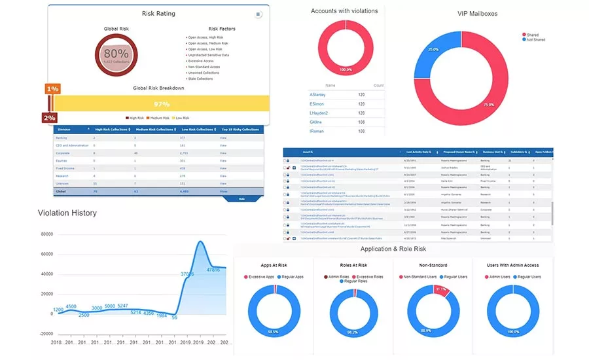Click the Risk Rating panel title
(x=158, y=13)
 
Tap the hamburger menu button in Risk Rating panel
(x=258, y=14)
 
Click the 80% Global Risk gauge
(x=116, y=55)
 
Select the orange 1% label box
(x=53, y=89)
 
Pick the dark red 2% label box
(x=49, y=118)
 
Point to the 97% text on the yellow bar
(x=162, y=104)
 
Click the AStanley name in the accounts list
(x=317, y=94)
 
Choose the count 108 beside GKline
(x=362, y=122)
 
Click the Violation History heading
(x=67, y=213)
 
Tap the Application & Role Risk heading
(x=393, y=249)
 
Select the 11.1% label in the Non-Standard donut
(x=441, y=289)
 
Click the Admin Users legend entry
(x=502, y=277)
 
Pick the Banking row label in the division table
(x=62, y=138)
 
